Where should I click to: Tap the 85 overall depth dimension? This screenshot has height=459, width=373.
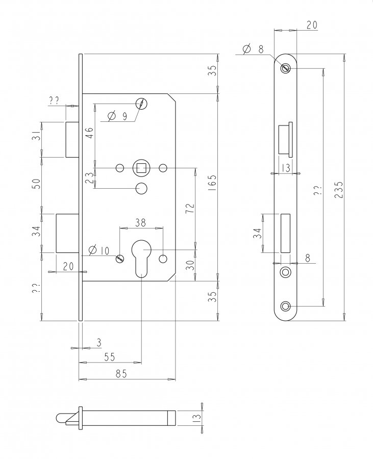pos(121,373)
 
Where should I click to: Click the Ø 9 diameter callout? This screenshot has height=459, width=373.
pos(117,116)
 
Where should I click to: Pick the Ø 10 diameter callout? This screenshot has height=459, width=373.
pos(99,250)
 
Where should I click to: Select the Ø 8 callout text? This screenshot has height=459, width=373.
pos(254,49)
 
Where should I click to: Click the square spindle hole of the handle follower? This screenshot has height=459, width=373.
pos(141,168)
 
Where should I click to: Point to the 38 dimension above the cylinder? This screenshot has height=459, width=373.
pos(140,223)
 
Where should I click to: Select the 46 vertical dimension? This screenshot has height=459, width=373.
pos(90,133)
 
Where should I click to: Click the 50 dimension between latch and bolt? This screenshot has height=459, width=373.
pos(36,184)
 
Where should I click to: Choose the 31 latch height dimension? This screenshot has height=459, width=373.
pos(36,136)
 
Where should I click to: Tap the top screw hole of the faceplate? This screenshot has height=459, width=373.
pos(285,68)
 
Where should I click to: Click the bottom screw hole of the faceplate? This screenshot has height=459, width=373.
pos(285,306)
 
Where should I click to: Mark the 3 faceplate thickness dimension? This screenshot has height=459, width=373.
pos(99,343)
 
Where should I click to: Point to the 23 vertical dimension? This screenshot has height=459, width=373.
pos(90,177)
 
